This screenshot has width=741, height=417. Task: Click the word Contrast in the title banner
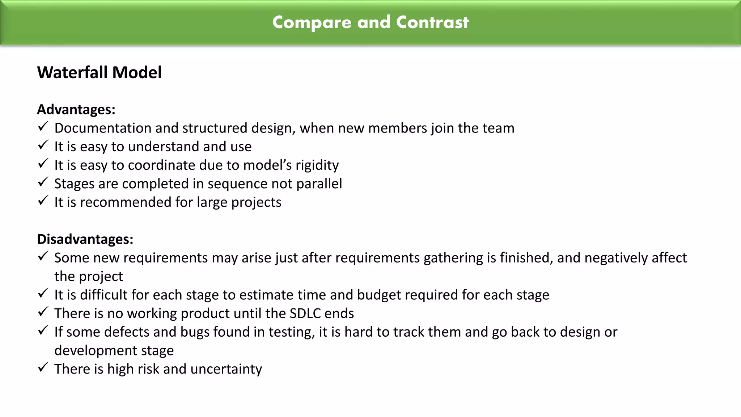tap(432, 22)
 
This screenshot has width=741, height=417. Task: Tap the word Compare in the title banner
tap(312, 22)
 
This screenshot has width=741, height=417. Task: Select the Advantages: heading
tap(76, 109)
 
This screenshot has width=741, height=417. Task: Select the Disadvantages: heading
tap(85, 239)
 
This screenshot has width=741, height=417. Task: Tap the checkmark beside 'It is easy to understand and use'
tap(43, 145)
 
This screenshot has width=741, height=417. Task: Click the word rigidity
tap(317, 165)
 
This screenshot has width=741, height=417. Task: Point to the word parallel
tap(319, 184)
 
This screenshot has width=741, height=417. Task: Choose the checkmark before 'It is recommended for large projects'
tap(43, 201)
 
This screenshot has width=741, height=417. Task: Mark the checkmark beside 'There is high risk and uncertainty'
tap(43, 367)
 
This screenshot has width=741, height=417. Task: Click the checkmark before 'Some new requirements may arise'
tap(43, 256)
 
